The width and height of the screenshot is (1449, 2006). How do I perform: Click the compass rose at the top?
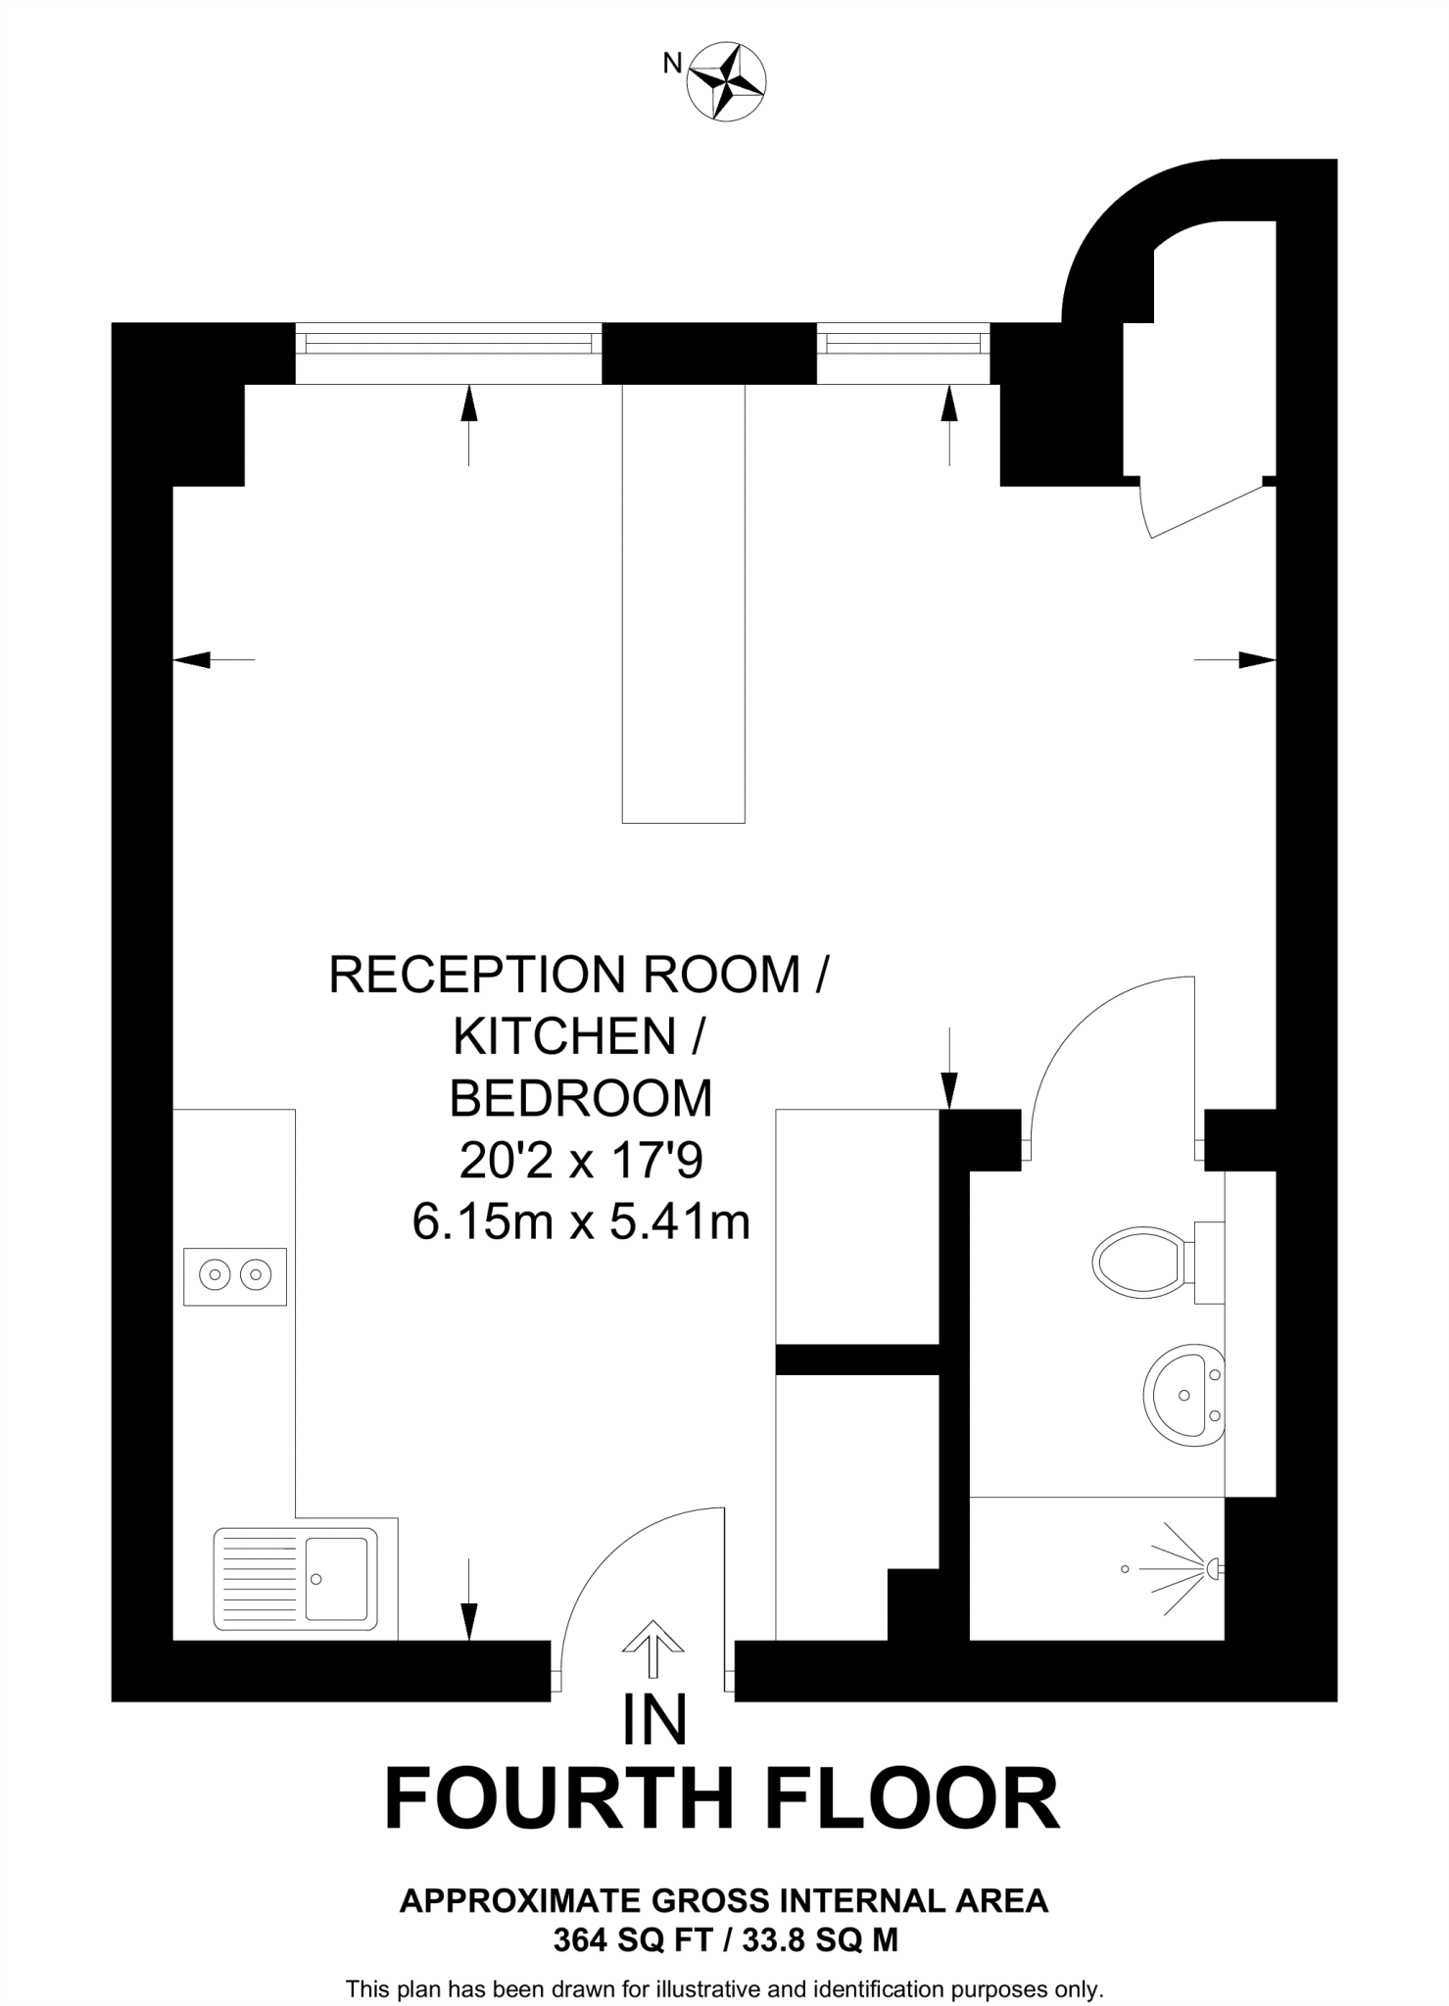point(726,82)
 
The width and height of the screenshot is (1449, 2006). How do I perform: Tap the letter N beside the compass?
point(672,64)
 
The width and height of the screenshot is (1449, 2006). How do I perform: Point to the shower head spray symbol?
point(1187,1569)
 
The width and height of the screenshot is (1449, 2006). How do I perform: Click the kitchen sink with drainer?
point(295,1578)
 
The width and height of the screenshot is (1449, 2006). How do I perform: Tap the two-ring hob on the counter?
point(235,1275)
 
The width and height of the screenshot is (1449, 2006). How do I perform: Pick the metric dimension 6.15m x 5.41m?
point(581,1223)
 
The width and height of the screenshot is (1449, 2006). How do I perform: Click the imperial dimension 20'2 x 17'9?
point(581,1162)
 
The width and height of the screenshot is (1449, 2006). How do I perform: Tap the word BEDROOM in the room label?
point(581,1098)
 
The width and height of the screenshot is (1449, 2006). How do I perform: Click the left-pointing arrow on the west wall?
point(194,659)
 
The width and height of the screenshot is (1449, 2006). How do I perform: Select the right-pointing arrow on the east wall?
point(1256,659)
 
